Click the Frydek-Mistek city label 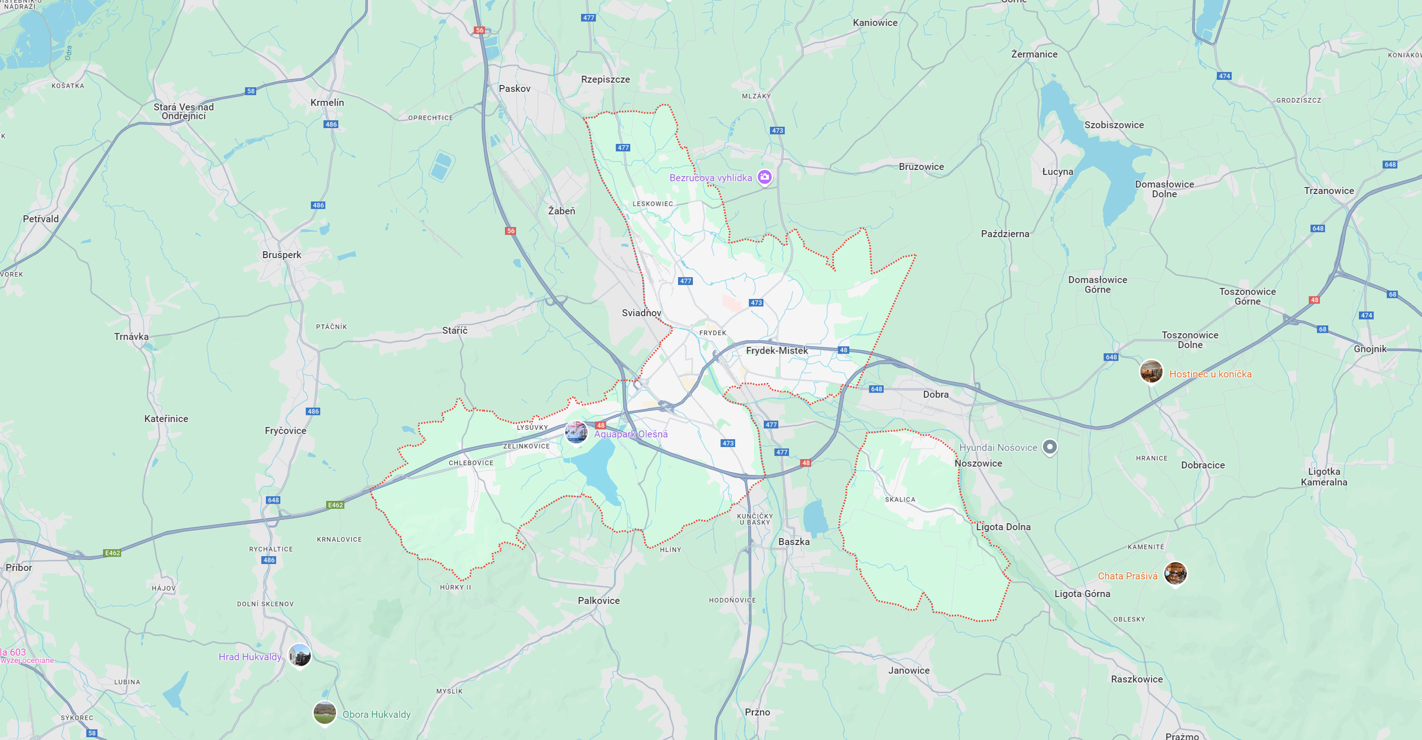(777, 351)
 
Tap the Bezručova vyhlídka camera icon (764, 177)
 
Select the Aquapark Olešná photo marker (576, 432)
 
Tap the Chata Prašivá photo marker (1175, 573)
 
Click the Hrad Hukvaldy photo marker (300, 656)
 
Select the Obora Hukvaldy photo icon (324, 713)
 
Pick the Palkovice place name (598, 601)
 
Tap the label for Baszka (794, 542)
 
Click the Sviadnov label (641, 313)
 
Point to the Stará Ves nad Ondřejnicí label (183, 111)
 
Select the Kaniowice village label (875, 23)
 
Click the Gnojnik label (1370, 349)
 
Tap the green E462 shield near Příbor (112, 553)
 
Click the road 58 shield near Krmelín (251, 91)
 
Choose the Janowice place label (909, 670)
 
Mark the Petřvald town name (40, 219)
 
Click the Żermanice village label (1034, 54)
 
